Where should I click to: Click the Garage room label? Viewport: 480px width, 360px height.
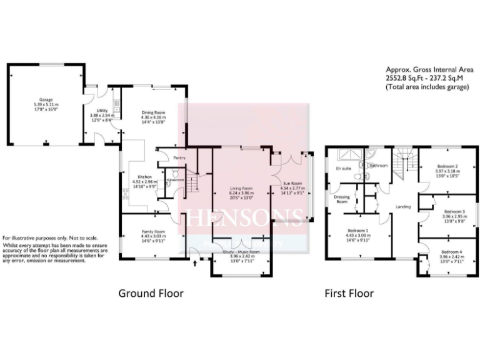click(x=46, y=99)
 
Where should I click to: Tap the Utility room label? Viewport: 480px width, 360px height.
click(x=95, y=110)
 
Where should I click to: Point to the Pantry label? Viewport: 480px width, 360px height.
click(x=179, y=158)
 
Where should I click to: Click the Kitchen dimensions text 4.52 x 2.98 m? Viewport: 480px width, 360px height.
click(x=140, y=181)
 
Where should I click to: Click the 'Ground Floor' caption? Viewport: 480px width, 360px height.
click(x=151, y=292)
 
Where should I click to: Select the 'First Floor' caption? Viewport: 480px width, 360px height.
click(x=348, y=292)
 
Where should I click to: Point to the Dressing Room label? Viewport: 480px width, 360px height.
click(x=341, y=199)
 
